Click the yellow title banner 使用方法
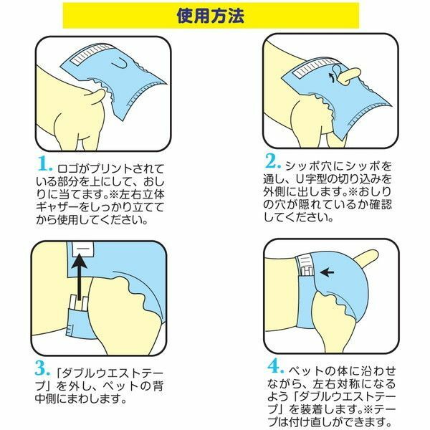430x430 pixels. pos(211,16)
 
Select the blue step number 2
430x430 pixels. pos(273,161)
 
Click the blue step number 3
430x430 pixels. pos(42,368)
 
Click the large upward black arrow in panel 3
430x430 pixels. pos(80,277)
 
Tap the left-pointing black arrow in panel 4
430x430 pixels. pos(328,272)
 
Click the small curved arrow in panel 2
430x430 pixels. pos(332,77)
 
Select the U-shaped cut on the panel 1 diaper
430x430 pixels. pos(120,65)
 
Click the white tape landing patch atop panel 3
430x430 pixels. pos(83,249)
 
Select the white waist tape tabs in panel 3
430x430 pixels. pos(79,302)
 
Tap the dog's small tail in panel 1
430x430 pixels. pos(97,97)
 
